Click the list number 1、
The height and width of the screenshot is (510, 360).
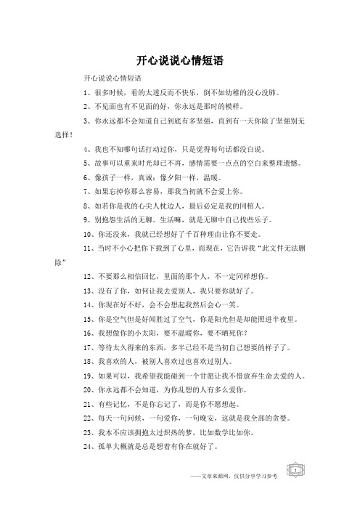click(89, 94)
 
